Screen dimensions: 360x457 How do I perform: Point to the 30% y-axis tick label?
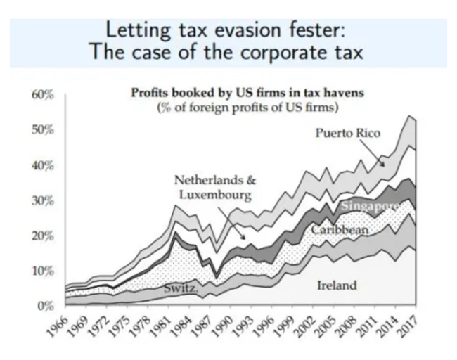click(x=44, y=201)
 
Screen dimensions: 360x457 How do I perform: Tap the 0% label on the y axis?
click(x=47, y=306)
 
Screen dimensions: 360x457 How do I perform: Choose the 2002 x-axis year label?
click(x=301, y=325)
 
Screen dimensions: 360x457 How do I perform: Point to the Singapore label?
click(x=370, y=206)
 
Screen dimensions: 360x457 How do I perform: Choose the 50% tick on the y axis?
click(x=44, y=131)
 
